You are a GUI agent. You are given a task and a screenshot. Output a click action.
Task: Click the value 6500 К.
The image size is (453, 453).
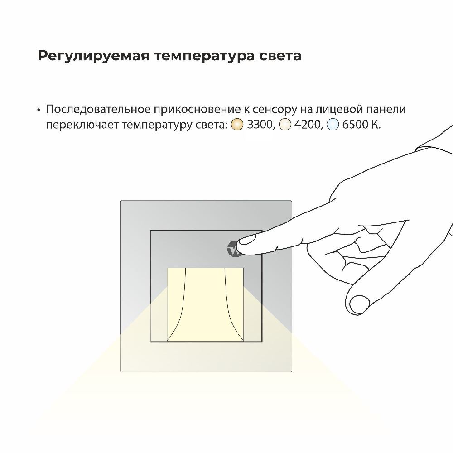tap(361, 125)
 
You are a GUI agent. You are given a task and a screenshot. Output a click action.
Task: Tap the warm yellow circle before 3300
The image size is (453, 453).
tap(237, 125)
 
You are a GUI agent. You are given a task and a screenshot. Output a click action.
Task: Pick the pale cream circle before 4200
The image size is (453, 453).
tap(284, 125)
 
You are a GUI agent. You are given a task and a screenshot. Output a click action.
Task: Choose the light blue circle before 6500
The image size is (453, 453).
tap(333, 125)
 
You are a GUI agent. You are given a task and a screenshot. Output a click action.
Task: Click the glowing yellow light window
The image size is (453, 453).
tap(205, 304)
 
